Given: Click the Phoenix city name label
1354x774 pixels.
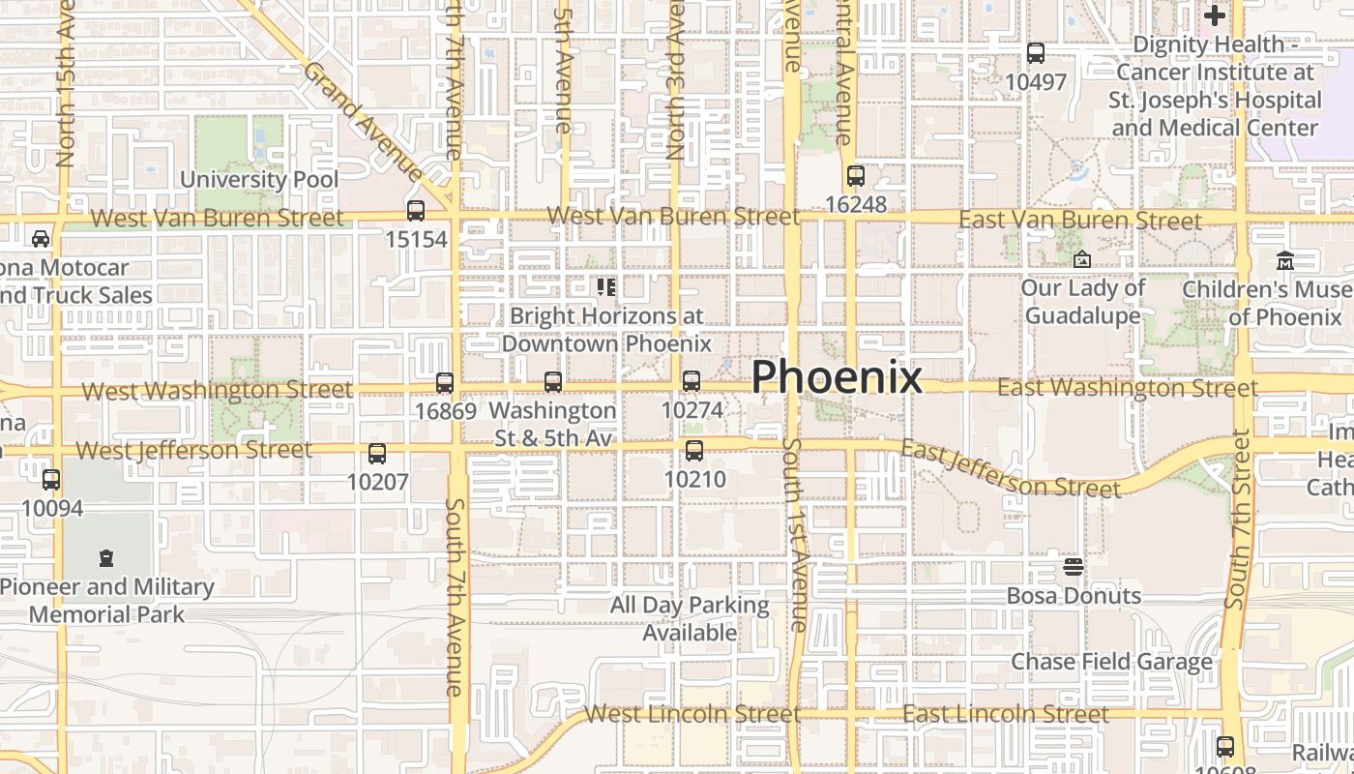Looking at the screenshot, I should coord(837,376).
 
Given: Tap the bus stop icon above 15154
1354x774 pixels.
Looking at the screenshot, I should coord(416,211).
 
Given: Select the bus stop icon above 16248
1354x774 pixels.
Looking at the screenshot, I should coord(855,176).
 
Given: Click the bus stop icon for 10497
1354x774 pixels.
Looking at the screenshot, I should coord(1036,53).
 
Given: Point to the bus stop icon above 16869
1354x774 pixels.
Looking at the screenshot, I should coord(445,383).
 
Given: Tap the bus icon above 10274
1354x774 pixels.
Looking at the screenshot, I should coord(692,381).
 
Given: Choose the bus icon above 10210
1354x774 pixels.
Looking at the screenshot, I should coord(694,451).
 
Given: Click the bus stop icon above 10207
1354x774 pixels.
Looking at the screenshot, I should coord(377,454).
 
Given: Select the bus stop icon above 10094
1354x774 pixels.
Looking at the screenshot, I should coord(51,480).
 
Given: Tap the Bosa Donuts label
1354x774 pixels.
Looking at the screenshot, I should coord(1074,595).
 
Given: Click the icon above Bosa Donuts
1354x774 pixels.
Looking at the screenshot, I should coord(1073,566).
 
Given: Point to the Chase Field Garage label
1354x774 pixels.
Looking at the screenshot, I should coord(1111,662).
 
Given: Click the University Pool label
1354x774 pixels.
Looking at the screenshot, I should coord(259,179).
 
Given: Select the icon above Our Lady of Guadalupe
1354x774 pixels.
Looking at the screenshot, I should coord(1082,259).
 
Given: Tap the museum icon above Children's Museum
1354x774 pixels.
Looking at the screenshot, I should coord(1285,261).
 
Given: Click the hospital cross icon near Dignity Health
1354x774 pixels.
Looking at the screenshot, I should coord(1215,15).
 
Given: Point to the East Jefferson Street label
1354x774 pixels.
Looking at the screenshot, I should coord(1010,469).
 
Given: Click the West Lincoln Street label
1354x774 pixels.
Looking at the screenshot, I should coord(692,714).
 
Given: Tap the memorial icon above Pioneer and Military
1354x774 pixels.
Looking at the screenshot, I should coord(106,558).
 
